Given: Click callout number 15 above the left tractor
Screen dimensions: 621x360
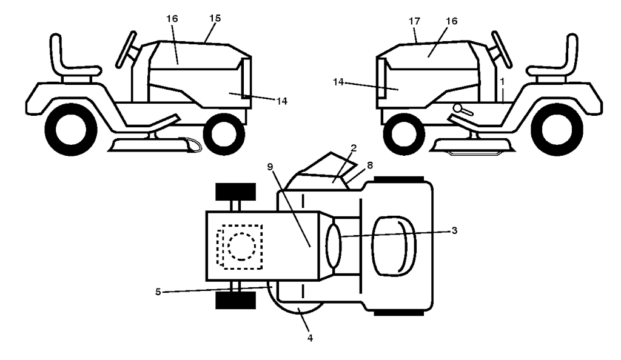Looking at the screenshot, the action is pyautogui.click(x=215, y=18).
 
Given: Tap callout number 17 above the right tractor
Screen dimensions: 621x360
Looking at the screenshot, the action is pyautogui.click(x=414, y=21).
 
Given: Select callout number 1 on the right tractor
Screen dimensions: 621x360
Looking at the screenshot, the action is pyautogui.click(x=502, y=82).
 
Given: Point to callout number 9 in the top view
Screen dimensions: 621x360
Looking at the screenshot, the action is pyautogui.click(x=270, y=167).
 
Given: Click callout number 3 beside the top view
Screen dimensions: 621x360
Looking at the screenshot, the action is pyautogui.click(x=454, y=230).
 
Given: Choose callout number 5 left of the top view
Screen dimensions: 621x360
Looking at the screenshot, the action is pyautogui.click(x=158, y=292).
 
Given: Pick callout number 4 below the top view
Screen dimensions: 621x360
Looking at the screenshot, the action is pyautogui.click(x=310, y=338).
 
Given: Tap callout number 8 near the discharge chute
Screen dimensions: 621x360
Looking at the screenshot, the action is pyautogui.click(x=370, y=165).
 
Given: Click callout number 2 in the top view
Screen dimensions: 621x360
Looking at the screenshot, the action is pyautogui.click(x=354, y=148).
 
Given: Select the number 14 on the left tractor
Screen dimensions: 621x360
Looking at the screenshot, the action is pyautogui.click(x=281, y=101).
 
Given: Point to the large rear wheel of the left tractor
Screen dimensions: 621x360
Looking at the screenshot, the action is pyautogui.click(x=71, y=130).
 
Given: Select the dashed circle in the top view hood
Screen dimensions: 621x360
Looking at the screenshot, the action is pyautogui.click(x=241, y=246).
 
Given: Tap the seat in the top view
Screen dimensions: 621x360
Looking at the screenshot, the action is pyautogui.click(x=394, y=245).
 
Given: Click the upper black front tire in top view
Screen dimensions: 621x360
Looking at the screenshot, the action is pyautogui.click(x=236, y=192).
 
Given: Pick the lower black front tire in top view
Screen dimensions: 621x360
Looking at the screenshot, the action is pyautogui.click(x=236, y=300).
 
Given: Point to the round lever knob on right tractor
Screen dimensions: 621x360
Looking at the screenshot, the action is pyautogui.click(x=458, y=107).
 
